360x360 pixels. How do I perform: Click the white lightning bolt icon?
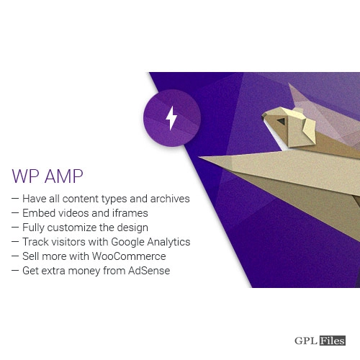171,118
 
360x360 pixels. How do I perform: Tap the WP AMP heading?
48,176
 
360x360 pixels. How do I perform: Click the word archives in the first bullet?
170,199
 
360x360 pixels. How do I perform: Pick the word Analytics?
168,243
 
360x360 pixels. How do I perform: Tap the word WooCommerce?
129,256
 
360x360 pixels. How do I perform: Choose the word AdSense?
149,271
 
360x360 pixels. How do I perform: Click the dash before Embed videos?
15,212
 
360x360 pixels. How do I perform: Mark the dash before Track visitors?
15,241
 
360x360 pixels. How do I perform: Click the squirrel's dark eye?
282,121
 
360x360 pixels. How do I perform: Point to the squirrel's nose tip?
263,117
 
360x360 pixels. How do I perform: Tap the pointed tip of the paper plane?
199,157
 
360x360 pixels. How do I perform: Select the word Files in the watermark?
333,341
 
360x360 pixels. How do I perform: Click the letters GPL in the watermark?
306,341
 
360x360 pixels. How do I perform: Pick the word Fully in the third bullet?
33,228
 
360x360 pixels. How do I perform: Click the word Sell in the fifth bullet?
30,256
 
